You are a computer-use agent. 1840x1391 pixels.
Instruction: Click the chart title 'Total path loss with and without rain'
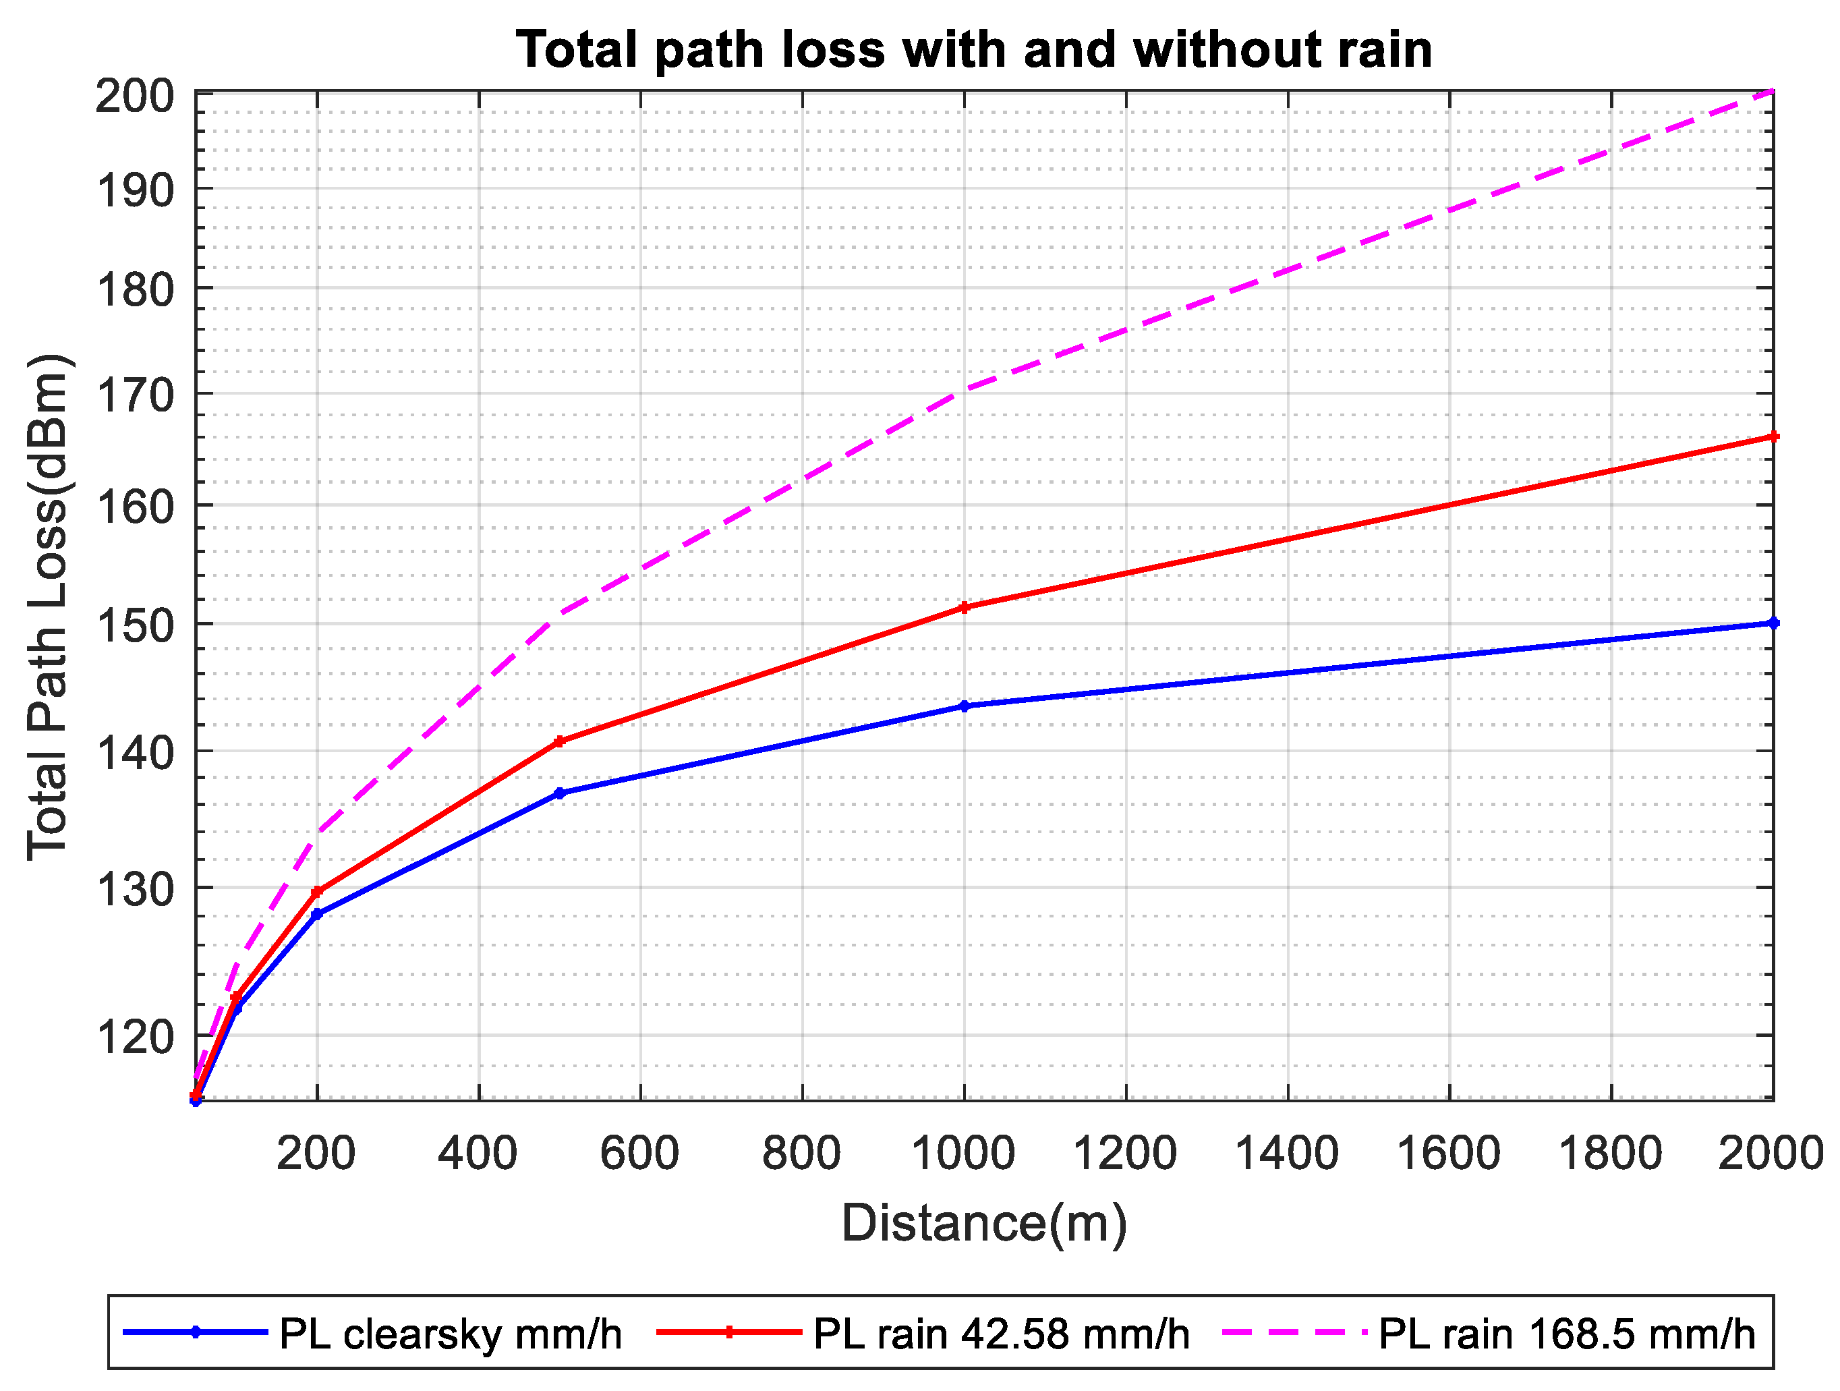[x=973, y=50]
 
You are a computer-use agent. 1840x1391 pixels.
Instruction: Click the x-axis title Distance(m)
[x=984, y=1223]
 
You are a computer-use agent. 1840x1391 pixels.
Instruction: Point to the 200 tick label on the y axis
[x=136, y=96]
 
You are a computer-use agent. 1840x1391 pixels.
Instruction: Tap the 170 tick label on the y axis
[x=136, y=396]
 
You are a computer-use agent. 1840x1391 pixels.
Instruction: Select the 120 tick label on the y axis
[x=136, y=1038]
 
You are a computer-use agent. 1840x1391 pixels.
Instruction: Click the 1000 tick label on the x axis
[x=963, y=1154]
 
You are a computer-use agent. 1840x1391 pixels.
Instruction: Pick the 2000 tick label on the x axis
[x=1770, y=1154]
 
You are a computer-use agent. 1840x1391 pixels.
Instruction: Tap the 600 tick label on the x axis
[x=639, y=1154]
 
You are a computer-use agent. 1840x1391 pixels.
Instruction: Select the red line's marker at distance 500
[x=559, y=741]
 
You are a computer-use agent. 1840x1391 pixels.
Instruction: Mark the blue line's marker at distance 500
[x=559, y=794]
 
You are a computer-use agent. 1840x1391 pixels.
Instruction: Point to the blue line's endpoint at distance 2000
[x=1773, y=623]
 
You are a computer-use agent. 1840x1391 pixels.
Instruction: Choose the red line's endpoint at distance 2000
[x=1773, y=436]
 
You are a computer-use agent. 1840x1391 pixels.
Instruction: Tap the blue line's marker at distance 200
[x=317, y=914]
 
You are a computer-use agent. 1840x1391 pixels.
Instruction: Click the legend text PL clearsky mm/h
[x=450, y=1334]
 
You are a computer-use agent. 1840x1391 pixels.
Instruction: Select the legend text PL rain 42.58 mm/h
[x=1001, y=1334]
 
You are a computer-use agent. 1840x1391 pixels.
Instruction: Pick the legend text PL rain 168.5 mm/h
[x=1566, y=1334]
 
